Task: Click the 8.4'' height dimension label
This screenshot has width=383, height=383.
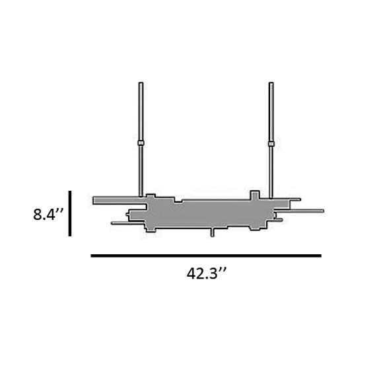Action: pyautogui.click(x=48, y=215)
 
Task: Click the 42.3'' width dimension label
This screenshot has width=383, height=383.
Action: pyautogui.click(x=207, y=273)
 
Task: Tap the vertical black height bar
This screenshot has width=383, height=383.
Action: pyautogui.click(x=69, y=213)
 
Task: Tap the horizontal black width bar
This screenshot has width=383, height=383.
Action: pyautogui.click(x=206, y=256)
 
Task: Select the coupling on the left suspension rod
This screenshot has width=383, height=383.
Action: pyautogui.click(x=141, y=143)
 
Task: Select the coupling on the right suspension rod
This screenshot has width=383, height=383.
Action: pyautogui.click(x=271, y=143)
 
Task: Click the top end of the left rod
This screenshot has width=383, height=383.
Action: pyautogui.click(x=141, y=84)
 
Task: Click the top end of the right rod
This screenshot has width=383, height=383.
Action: pyautogui.click(x=271, y=84)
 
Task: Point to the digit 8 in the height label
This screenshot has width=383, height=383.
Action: pyautogui.click(x=38, y=215)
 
